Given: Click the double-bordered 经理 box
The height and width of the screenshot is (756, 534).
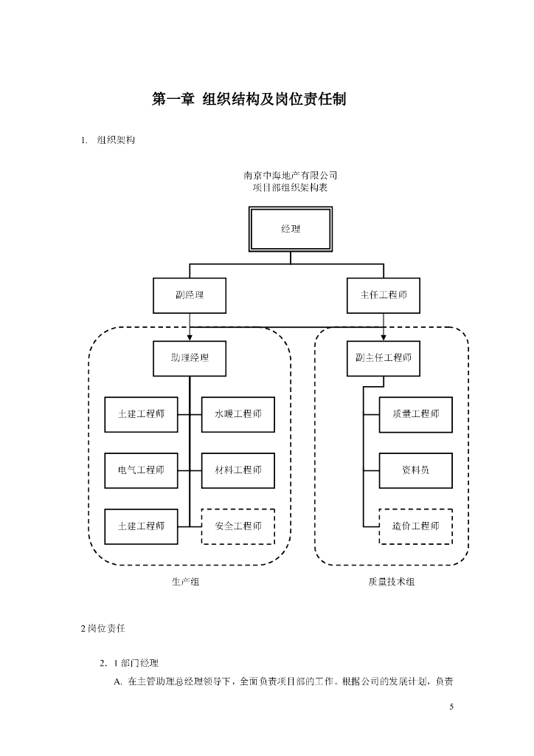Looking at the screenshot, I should click(x=291, y=230).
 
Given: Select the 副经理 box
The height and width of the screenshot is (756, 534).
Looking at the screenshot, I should click(x=190, y=295).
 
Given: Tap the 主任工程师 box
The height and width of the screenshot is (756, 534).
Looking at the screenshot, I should click(x=384, y=295).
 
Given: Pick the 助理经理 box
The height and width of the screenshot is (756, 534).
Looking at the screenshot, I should click(x=190, y=358).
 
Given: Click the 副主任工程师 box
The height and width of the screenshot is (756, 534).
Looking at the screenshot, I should click(x=384, y=358).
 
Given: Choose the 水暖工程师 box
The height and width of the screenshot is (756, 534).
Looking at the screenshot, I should click(x=237, y=414).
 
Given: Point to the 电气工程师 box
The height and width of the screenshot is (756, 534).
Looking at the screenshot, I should click(x=141, y=470).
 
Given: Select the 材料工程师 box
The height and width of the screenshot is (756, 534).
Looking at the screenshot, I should click(x=237, y=470).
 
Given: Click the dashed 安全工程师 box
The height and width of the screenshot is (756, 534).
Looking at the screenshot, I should click(x=237, y=526).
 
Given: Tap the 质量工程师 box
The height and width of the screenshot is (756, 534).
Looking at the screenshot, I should click(x=415, y=414).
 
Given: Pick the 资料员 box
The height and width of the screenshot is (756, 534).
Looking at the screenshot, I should click(x=415, y=470).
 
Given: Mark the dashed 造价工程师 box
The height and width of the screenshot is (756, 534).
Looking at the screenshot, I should click(x=415, y=526).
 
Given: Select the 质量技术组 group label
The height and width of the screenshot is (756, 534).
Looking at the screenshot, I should click(x=392, y=582).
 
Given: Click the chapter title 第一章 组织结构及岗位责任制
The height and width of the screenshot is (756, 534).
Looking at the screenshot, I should click(x=249, y=99).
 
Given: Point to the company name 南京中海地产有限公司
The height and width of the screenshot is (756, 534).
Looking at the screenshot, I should click(x=291, y=176).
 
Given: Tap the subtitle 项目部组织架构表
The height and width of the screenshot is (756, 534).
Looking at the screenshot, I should click(x=291, y=188).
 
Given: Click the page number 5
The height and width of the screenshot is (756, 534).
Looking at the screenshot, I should click(x=451, y=707).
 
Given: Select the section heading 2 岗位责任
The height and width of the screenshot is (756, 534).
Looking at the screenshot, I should click(x=103, y=629).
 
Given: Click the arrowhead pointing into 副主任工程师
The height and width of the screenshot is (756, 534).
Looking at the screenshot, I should click(x=384, y=337).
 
